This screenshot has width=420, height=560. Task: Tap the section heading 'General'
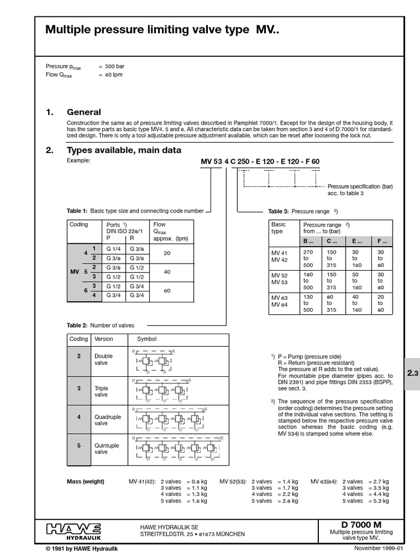(x=84, y=112)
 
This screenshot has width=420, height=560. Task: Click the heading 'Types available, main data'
(x=124, y=150)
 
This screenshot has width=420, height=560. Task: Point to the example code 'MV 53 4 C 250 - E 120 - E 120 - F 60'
(x=260, y=161)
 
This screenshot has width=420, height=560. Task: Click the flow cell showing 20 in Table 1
(x=167, y=253)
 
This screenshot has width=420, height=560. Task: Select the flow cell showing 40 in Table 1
(x=167, y=272)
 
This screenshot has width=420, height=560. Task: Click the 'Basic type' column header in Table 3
(x=278, y=228)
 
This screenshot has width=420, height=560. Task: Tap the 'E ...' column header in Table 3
(x=355, y=241)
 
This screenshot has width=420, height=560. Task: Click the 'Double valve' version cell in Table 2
(x=103, y=359)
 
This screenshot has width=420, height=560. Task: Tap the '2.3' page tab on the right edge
(x=412, y=374)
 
